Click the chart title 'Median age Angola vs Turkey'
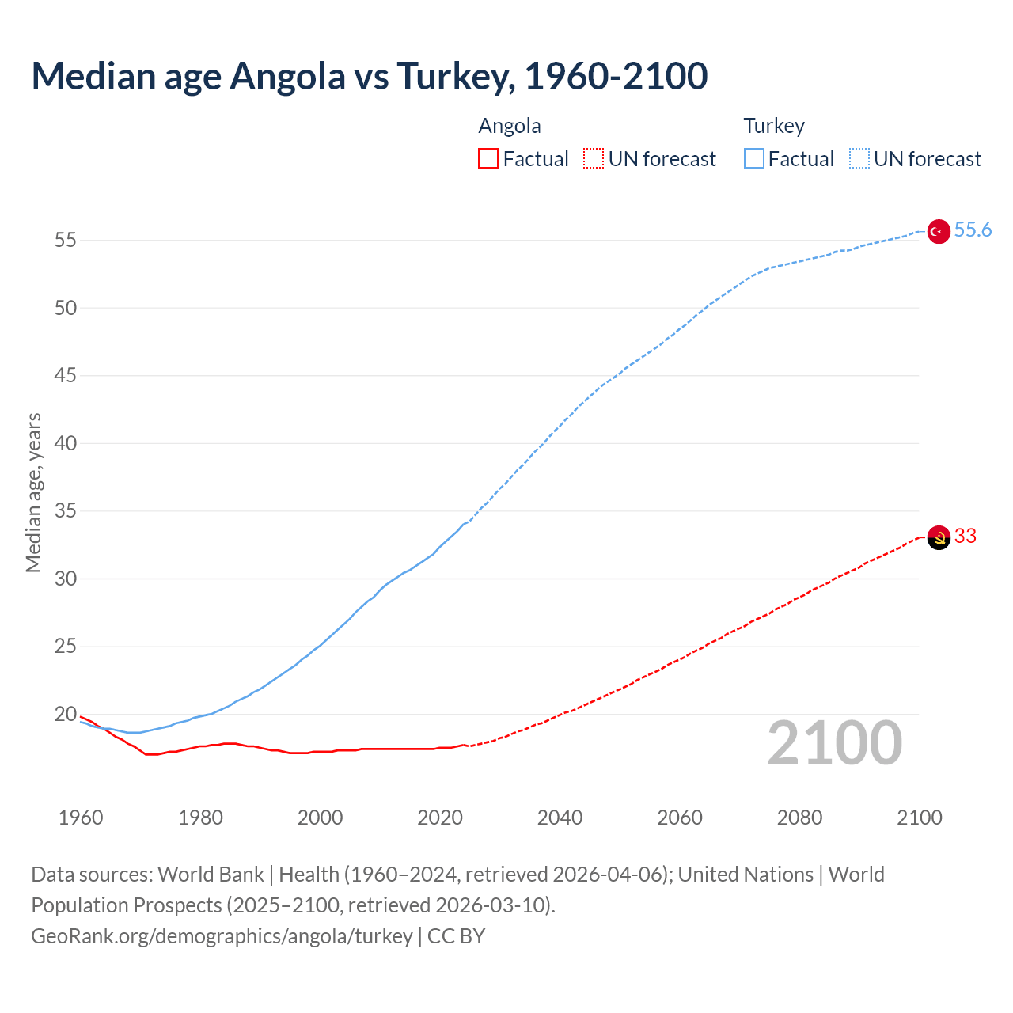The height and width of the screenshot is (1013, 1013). [369, 76]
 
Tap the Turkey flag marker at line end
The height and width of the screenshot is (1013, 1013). [938, 231]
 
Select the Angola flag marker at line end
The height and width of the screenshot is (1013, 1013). [938, 537]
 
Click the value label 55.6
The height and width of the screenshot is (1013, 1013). [973, 230]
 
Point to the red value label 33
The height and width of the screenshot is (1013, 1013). [966, 537]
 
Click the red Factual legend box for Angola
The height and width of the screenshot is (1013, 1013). [488, 159]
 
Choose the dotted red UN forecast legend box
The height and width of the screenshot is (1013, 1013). [594, 159]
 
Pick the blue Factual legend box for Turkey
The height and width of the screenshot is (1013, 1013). [754, 159]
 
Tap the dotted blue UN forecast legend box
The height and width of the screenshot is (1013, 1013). [859, 159]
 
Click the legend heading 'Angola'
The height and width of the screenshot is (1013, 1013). [510, 127]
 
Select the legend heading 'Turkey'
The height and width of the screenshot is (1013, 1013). [774, 127]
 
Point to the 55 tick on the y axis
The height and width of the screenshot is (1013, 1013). [66, 241]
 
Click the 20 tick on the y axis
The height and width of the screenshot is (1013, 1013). [66, 715]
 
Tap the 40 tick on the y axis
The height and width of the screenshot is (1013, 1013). [66, 444]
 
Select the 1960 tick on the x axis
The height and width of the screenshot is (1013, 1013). [81, 818]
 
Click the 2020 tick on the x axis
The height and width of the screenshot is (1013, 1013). [440, 818]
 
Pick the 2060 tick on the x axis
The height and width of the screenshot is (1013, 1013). [680, 818]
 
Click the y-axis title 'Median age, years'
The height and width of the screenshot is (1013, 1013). [33, 492]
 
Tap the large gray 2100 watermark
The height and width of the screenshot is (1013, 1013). [835, 743]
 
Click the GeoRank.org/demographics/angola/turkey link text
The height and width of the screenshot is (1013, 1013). [222, 936]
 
